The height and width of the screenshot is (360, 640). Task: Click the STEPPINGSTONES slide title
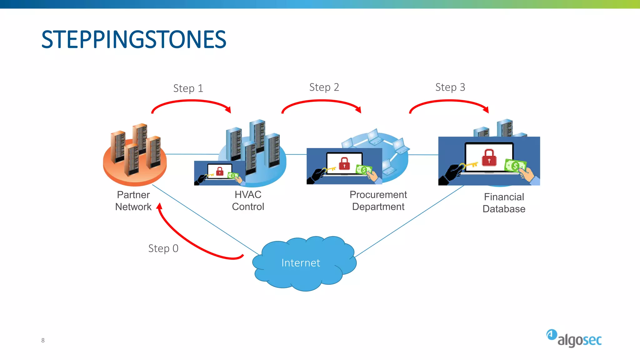134,40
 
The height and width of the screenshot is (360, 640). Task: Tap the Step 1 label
188,88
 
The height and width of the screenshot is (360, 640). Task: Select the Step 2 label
324,87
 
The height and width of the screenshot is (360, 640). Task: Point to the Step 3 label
450,87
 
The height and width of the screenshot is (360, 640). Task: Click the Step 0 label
163,248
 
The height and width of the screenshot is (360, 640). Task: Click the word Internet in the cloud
301,263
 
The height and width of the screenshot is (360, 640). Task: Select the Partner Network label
133,201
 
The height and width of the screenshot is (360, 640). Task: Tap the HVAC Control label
248,201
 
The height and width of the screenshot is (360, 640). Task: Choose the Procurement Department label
378,201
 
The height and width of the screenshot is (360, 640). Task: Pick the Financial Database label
504,203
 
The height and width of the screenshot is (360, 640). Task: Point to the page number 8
43,340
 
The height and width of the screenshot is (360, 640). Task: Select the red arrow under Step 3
449,101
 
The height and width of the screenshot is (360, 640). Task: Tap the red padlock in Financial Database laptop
489,157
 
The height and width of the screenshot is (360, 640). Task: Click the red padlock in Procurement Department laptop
344,163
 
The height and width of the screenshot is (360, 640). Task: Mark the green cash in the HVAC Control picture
233,175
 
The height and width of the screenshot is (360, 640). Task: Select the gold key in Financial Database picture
470,165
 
